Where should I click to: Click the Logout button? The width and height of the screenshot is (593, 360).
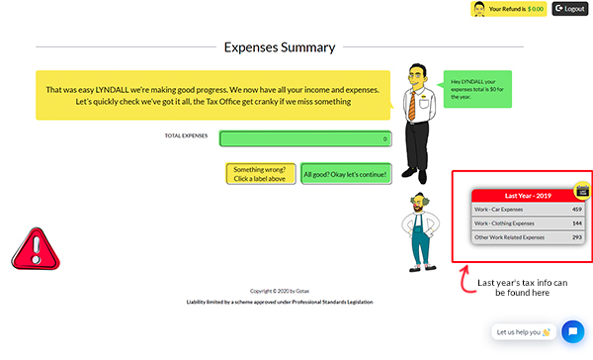[x=570, y=9]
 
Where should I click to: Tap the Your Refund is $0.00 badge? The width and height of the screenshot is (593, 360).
[x=508, y=9]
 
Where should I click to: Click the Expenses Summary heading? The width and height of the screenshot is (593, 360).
[x=280, y=46]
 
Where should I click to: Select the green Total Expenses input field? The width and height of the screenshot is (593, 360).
[x=305, y=139]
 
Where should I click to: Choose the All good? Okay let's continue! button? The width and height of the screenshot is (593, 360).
[x=346, y=174]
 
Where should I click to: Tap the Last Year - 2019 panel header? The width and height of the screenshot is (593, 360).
[x=530, y=195]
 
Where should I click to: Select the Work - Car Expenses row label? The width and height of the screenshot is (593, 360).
[x=499, y=210]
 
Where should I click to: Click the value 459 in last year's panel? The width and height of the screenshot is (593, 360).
[x=576, y=210]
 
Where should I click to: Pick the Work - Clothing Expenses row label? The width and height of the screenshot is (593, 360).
[x=504, y=224]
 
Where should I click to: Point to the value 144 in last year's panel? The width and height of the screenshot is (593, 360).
[x=576, y=224]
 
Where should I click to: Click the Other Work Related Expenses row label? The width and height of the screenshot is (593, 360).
[x=509, y=237]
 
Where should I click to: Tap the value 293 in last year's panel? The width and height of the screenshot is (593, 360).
[x=576, y=237]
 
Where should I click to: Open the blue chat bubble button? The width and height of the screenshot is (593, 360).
[x=571, y=331]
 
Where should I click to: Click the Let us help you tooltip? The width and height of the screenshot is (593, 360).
[x=523, y=332]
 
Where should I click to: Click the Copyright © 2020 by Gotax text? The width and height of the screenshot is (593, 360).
[x=280, y=291]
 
